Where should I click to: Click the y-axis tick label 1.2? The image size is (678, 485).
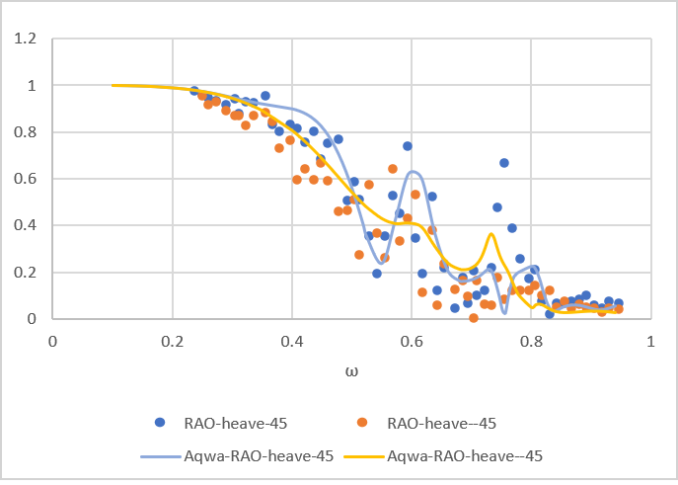[23, 40]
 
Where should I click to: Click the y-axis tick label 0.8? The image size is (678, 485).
[23, 132]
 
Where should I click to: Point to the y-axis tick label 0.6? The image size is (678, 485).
[23, 179]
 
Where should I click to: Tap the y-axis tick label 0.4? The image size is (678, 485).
[23, 225]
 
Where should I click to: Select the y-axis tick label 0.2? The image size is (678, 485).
[23, 273]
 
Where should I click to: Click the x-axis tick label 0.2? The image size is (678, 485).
[172, 340]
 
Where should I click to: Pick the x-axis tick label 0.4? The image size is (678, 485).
[291, 340]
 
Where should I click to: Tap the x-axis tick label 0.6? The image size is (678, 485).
[411, 340]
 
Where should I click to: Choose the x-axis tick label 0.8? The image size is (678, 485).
[530, 340]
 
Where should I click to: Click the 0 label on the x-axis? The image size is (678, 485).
[53, 340]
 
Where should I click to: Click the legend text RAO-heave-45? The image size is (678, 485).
[236, 423]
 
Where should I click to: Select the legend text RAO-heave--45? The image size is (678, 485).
[441, 423]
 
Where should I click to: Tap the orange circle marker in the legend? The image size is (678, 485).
[363, 423]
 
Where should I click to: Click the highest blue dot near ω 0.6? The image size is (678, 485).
[408, 146]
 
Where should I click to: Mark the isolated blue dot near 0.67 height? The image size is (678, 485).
[504, 163]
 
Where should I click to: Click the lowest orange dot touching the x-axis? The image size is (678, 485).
[474, 317]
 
